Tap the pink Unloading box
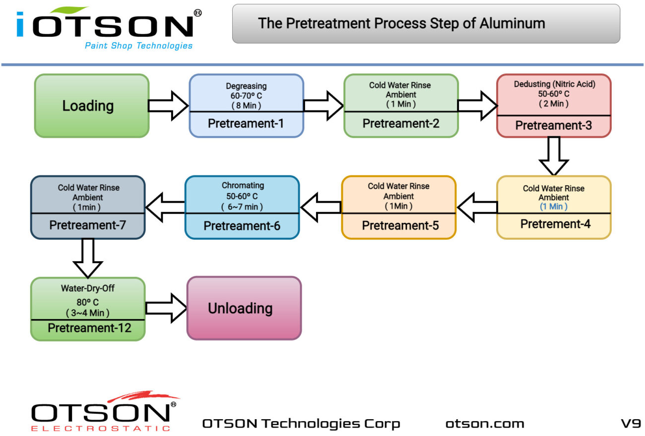[x=244, y=308]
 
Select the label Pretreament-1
[x=246, y=123]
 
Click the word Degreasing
[x=246, y=86]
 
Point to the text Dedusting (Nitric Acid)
[x=554, y=84]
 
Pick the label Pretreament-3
[x=553, y=125]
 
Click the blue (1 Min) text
[x=553, y=207]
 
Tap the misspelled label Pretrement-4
[x=555, y=224]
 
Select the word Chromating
[x=243, y=185]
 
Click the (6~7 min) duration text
[x=243, y=207]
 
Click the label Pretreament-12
[x=89, y=328]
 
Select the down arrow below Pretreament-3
[x=554, y=156]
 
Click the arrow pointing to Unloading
[x=166, y=308]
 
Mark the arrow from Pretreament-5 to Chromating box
[x=321, y=207]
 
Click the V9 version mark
[x=631, y=424]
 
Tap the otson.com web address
[x=485, y=424]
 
